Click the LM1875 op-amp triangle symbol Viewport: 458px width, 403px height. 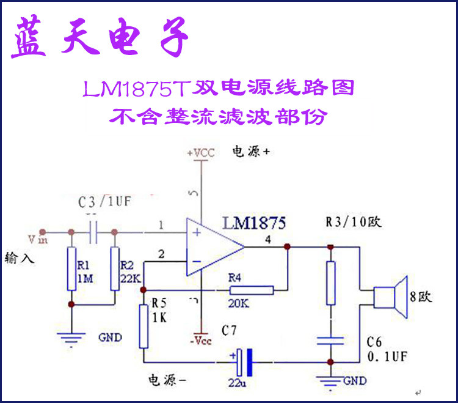pyautogui.click(x=214, y=248)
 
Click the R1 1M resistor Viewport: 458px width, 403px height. pyautogui.click(x=71, y=269)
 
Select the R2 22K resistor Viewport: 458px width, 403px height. pyautogui.click(x=114, y=269)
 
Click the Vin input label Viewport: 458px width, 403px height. pyautogui.click(x=38, y=237)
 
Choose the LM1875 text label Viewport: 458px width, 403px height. pyautogui.click(x=254, y=222)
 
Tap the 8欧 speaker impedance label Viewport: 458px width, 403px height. pyautogui.click(x=421, y=298)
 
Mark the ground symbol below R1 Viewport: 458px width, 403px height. pyautogui.click(x=71, y=335)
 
